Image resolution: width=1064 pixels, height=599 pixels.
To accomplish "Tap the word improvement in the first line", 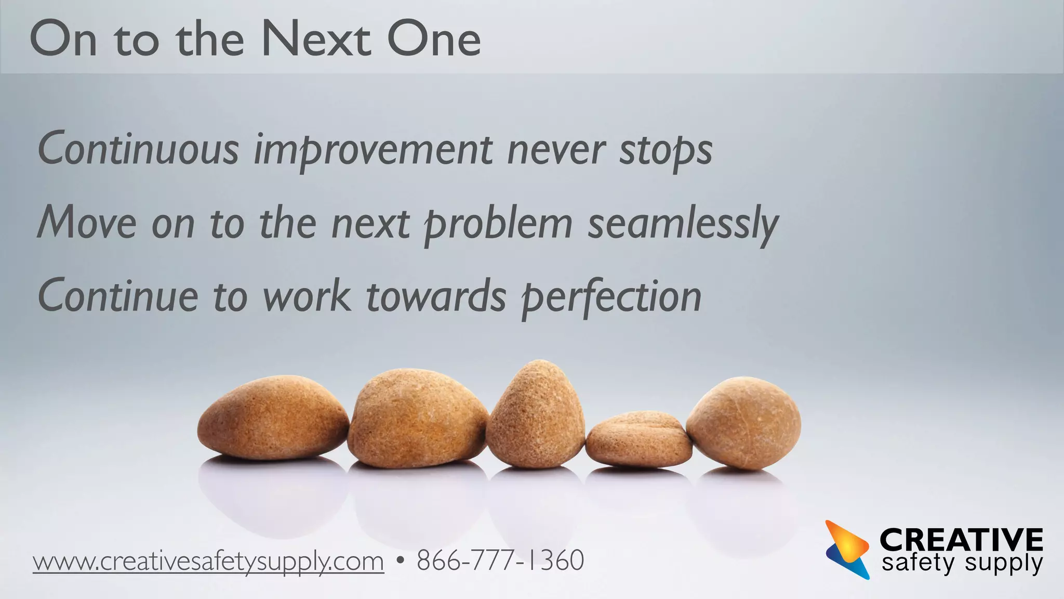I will [373, 150].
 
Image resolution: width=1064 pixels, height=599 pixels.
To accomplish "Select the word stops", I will [666, 150].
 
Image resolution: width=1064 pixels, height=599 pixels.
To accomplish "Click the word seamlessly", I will [683, 224].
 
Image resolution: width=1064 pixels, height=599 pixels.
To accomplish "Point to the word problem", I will [498, 224].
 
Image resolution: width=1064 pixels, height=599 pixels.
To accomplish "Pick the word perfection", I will [611, 297].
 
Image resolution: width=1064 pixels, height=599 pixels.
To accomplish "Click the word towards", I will [436, 297].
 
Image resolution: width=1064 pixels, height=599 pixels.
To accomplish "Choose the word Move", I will [87, 224].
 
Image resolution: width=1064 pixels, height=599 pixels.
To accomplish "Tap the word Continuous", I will [138, 150].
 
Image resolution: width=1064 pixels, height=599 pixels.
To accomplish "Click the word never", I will [555, 150].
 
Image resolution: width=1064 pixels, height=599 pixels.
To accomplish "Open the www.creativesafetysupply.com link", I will [208, 562].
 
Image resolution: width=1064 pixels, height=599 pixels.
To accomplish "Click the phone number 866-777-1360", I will [500, 561].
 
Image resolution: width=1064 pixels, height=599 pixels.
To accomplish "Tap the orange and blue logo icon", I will [847, 549].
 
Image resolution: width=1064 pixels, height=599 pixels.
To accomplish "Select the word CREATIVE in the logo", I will [961, 540].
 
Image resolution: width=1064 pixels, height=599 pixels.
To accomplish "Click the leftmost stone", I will [273, 419].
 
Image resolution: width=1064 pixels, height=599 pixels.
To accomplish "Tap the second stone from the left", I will [417, 419].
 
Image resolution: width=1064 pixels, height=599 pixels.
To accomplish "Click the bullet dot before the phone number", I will [400, 561].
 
